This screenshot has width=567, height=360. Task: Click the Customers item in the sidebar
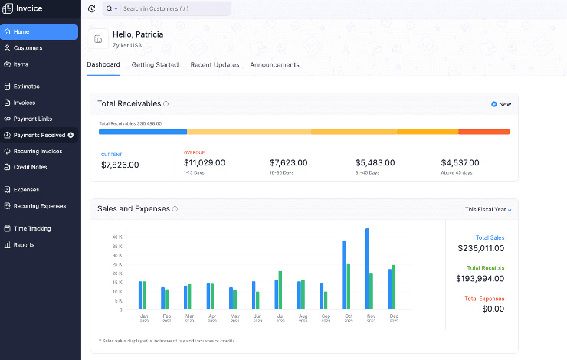28,47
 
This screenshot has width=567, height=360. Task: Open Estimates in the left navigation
26,87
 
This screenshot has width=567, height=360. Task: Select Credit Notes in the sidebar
30,167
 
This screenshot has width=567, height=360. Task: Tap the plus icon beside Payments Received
71,135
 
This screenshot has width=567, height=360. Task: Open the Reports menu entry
24,245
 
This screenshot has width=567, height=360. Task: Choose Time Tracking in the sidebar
31,228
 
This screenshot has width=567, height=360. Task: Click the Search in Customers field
172,9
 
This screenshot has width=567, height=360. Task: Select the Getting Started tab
155,65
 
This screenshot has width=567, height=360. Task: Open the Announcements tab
274,65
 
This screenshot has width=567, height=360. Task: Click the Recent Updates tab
215,65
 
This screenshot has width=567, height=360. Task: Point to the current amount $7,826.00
120,165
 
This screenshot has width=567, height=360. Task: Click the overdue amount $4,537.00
460,163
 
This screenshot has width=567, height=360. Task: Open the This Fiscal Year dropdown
488,209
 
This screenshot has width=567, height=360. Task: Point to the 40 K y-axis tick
117,237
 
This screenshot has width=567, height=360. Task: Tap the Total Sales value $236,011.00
480,248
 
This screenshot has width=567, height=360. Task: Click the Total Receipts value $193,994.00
480,278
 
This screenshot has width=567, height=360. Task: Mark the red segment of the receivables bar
483,132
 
